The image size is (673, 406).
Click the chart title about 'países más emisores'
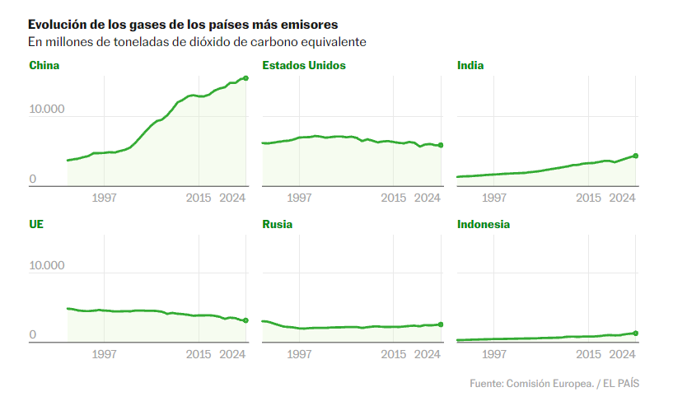[182, 25]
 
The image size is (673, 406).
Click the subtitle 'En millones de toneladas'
[197, 42]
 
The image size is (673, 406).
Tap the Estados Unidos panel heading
[304, 65]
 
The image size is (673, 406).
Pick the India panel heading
[470, 65]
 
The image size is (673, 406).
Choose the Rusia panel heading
[278, 224]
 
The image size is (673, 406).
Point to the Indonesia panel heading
[484, 224]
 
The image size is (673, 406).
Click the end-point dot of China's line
[245, 78]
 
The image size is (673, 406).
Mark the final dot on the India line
[636, 156]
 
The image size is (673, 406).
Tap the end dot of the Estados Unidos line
[441, 146]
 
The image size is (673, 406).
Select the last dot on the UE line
[245, 320]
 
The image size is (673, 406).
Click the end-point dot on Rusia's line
[441, 324]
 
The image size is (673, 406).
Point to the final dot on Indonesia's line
[636, 334]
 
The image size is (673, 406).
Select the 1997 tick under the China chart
[104, 198]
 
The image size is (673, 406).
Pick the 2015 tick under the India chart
[588, 198]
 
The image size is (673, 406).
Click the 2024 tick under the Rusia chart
[427, 355]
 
